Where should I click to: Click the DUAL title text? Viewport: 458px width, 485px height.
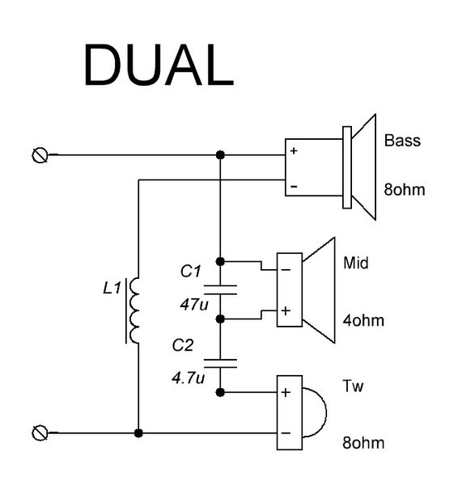click(x=159, y=65)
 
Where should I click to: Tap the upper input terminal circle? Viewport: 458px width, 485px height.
click(x=40, y=155)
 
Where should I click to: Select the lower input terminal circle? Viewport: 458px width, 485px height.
click(x=40, y=432)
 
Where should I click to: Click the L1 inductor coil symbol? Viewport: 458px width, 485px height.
click(x=134, y=310)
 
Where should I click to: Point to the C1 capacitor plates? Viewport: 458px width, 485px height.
click(x=220, y=290)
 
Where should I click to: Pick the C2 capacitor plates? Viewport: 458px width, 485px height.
click(x=220, y=364)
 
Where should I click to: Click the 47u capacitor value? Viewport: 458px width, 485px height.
click(x=194, y=305)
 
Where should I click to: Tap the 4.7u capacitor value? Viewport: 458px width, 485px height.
click(x=189, y=377)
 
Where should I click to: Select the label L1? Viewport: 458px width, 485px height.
click(x=112, y=289)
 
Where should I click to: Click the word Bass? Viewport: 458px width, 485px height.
click(x=402, y=141)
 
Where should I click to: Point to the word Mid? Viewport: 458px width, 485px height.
click(x=356, y=263)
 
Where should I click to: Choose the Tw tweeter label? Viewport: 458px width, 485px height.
click(x=353, y=386)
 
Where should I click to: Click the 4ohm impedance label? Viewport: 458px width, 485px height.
click(x=363, y=320)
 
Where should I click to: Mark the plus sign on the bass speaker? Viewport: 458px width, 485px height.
click(x=294, y=150)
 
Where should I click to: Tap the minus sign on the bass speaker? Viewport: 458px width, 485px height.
click(x=294, y=186)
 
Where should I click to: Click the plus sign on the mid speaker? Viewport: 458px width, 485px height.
click(x=286, y=310)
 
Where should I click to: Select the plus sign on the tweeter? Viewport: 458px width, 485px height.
click(x=286, y=392)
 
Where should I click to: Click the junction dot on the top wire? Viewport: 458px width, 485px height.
click(x=220, y=154)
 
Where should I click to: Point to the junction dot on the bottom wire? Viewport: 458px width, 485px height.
click(x=138, y=433)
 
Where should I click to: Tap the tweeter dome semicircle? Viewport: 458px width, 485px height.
click(x=326, y=412)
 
